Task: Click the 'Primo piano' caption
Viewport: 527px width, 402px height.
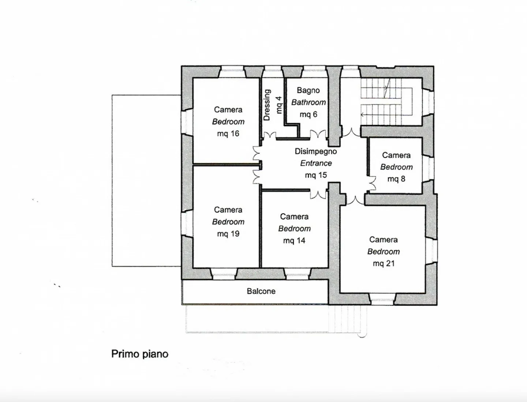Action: point(140,354)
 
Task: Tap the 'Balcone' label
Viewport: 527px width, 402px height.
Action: point(261,291)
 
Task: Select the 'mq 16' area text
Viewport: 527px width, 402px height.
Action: point(228,134)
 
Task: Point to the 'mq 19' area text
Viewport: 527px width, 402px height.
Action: point(228,234)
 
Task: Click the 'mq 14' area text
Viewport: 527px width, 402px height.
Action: point(294,240)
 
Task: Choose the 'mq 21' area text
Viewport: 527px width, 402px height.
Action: point(384,263)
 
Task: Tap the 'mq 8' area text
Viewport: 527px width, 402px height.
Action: point(396,179)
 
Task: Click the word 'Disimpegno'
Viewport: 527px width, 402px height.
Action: point(316,151)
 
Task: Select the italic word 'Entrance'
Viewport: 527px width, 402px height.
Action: point(316,163)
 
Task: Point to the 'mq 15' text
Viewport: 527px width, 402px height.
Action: point(316,175)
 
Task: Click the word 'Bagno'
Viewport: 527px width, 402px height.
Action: point(308,90)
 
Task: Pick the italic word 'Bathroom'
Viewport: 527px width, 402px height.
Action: point(309,102)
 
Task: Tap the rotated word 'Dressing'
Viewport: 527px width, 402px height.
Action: point(267,105)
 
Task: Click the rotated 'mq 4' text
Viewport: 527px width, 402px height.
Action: point(279,105)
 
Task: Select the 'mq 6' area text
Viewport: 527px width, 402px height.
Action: point(309,114)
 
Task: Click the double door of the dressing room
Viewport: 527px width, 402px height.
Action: point(270,135)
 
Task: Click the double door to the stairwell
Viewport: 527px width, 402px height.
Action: point(351,132)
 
